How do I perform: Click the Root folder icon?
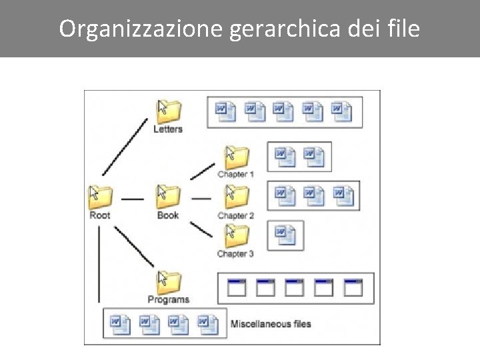point(101,197)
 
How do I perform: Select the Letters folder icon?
point(169,111)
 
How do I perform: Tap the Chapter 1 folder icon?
point(237,157)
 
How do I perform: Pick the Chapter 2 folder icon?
point(237,197)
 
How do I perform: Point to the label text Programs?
point(169,300)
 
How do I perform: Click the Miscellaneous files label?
point(271,324)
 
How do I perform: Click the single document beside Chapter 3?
point(285,233)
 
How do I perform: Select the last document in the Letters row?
point(342,111)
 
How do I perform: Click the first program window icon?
point(237,288)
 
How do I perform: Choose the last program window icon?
point(353,288)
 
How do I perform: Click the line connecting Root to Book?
point(133,198)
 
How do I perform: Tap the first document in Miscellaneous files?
point(120,323)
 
